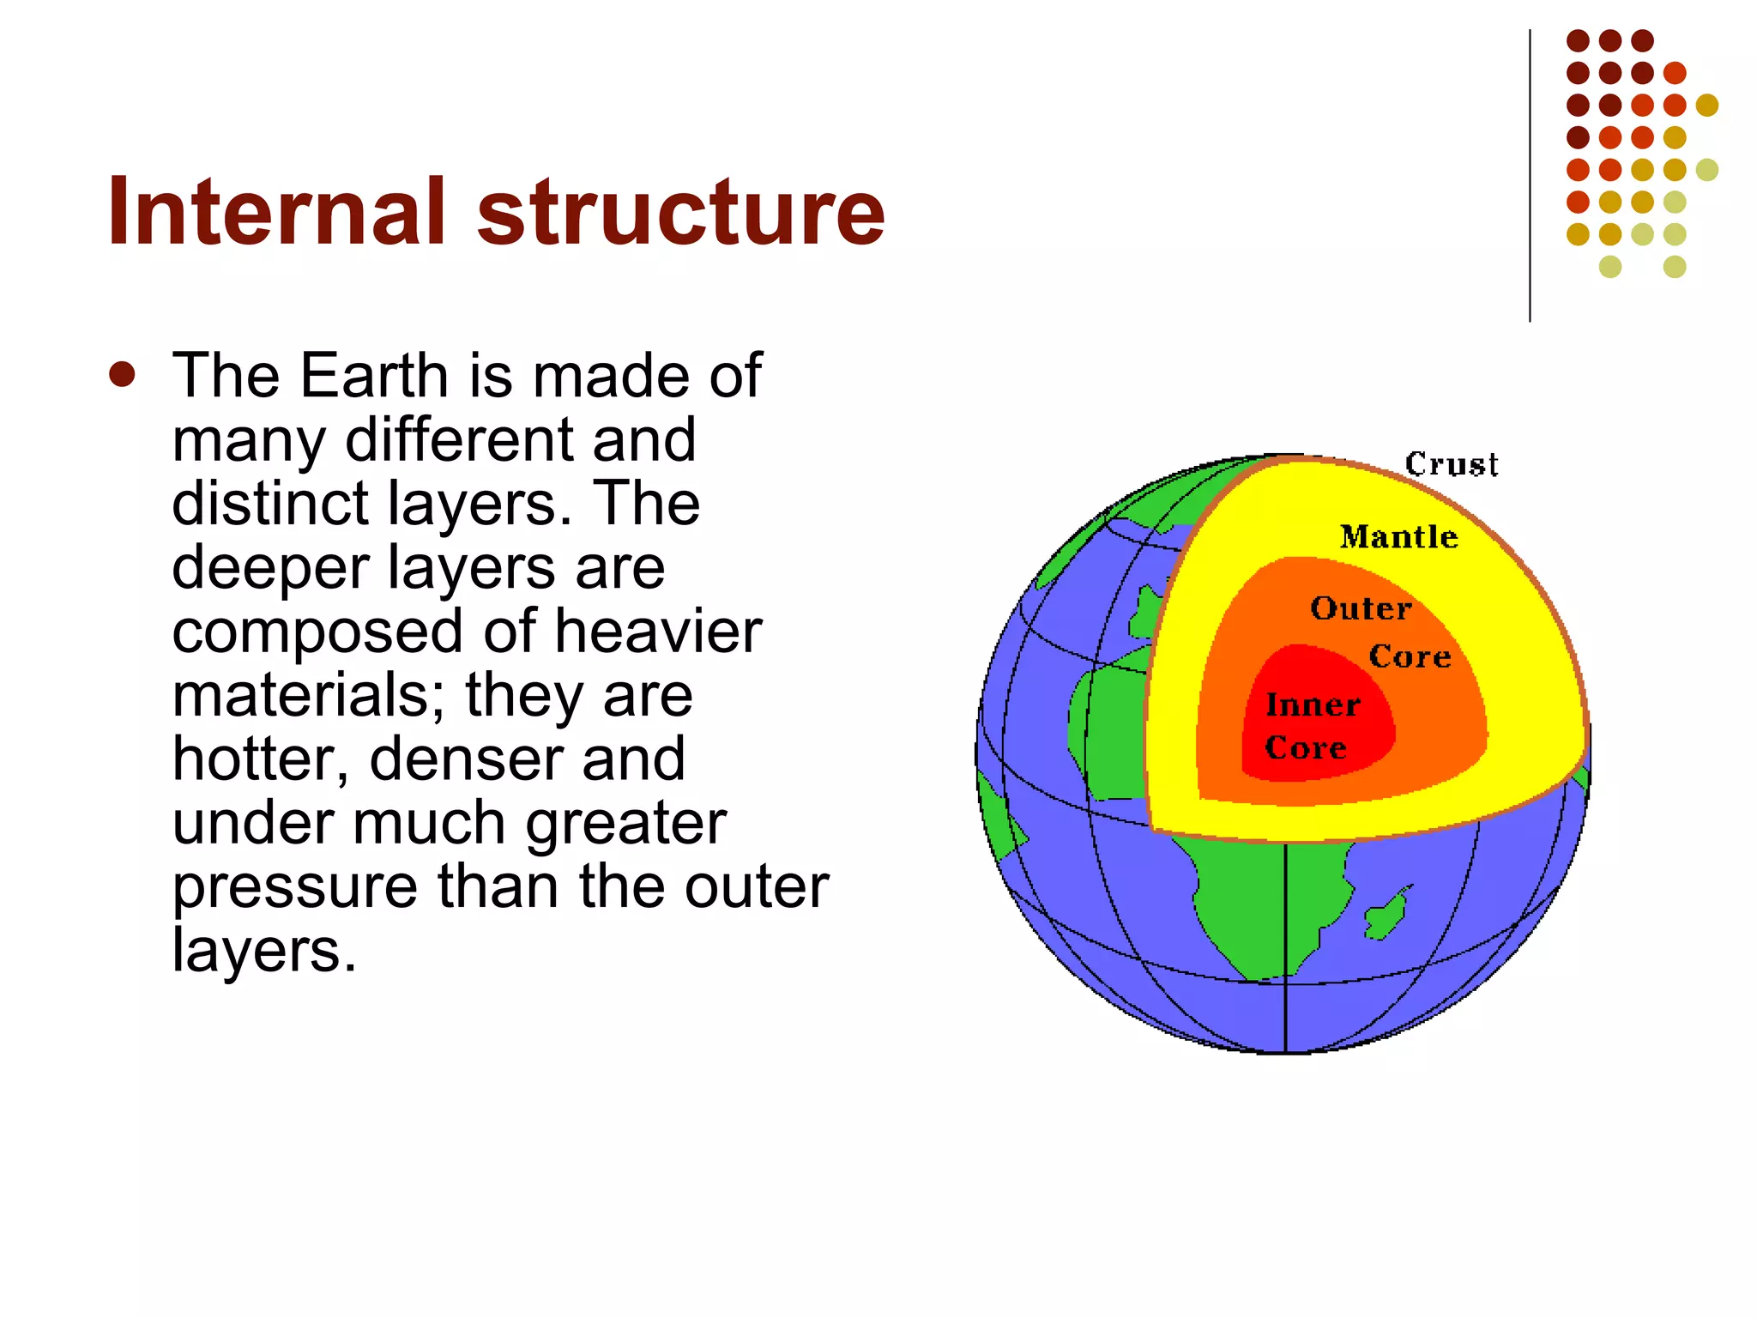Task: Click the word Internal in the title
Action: coord(276,212)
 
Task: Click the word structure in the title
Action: coord(679,212)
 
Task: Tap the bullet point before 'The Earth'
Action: coord(123,375)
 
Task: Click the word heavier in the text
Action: coord(658,632)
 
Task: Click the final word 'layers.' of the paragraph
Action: coord(263,950)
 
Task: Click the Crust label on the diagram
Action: coord(1451,464)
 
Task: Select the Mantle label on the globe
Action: coord(1398,537)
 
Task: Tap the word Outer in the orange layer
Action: coord(1361,608)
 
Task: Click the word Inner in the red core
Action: coord(1313,705)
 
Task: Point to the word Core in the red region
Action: coord(1305,747)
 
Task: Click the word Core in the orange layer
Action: coord(1410,656)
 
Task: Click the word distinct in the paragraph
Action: coord(272,504)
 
